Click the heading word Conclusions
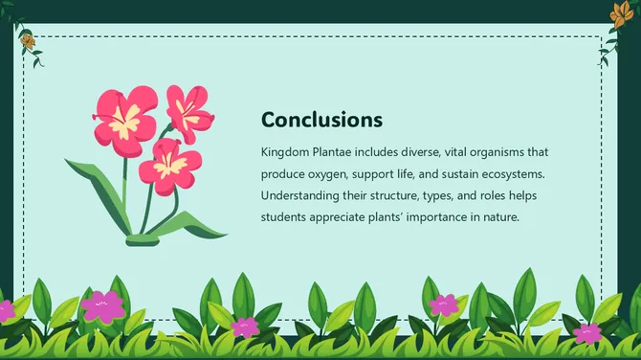pos(321,120)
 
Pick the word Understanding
pos(302,195)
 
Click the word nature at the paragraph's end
pos(497,217)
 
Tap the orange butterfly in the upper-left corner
pos(27,40)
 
